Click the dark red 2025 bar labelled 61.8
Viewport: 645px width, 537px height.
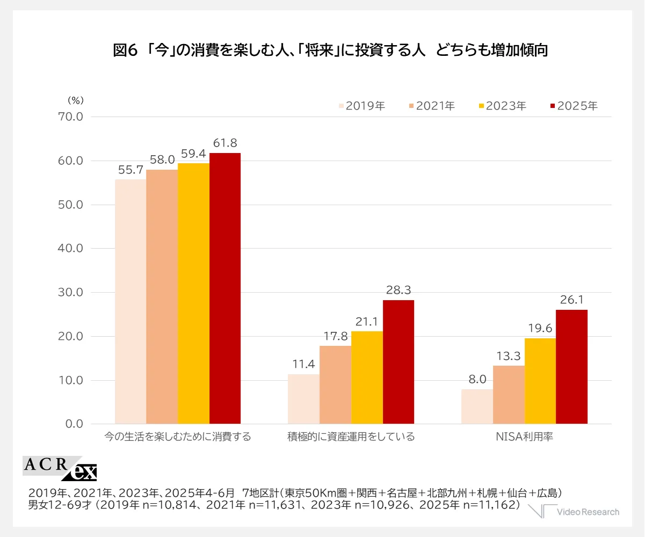(225, 288)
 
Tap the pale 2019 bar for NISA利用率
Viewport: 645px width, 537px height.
(477, 407)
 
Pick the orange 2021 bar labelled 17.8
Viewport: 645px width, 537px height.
(335, 384)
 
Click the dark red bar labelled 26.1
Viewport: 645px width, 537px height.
(571, 367)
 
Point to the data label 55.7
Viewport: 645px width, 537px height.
(130, 170)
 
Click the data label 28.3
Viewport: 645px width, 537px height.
(398, 291)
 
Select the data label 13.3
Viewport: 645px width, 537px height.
(509, 357)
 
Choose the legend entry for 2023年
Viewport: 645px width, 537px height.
(502, 106)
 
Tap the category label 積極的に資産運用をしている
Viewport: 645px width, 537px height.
(351, 437)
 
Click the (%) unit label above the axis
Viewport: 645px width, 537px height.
(75, 100)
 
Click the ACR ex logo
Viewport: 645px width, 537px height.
(60, 468)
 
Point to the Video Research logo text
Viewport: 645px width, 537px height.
(588, 512)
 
